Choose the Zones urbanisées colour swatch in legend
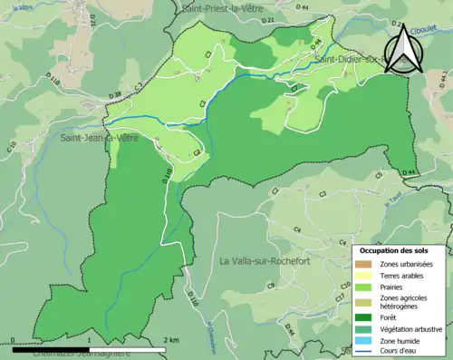(365, 263)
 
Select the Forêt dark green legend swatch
(365, 317)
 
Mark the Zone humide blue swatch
(365, 341)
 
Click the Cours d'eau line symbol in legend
(365, 352)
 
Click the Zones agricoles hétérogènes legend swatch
(365, 302)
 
